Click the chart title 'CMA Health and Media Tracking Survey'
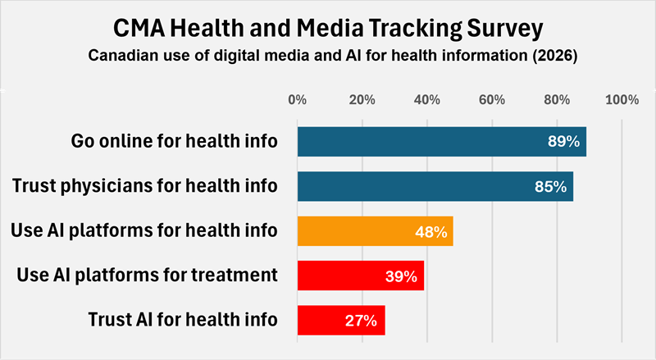pyautogui.click(x=327, y=28)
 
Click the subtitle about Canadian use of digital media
pyautogui.click(x=327, y=57)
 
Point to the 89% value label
pyautogui.click(x=563, y=142)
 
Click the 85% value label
pyautogui.click(x=550, y=187)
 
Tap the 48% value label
pyautogui.click(x=430, y=232)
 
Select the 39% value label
pyautogui.click(x=401, y=276)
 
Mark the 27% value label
pyautogui.click(x=361, y=321)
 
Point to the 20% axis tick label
pyautogui.click(x=362, y=100)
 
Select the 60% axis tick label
pyautogui.click(x=491, y=100)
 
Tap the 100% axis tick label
pyautogui.click(x=621, y=100)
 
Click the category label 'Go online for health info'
pyautogui.click(x=174, y=142)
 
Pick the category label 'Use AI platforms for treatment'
pyautogui.click(x=147, y=275)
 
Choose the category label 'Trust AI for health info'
pyautogui.click(x=182, y=319)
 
